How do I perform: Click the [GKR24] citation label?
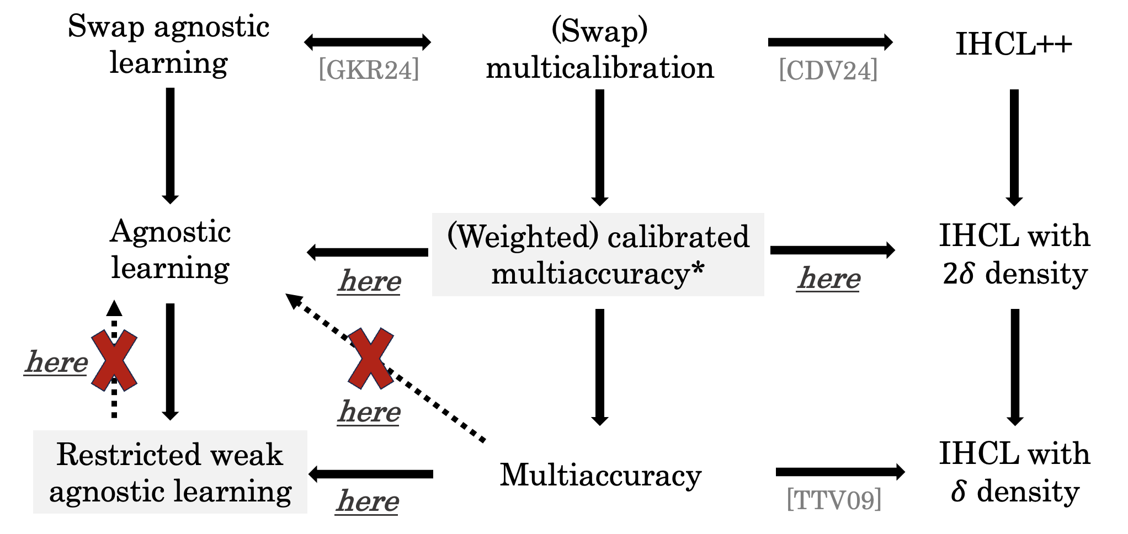(369, 70)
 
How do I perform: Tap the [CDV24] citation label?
(828, 71)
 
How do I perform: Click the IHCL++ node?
(1014, 44)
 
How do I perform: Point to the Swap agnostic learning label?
(169, 44)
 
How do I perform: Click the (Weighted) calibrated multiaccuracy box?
(598, 255)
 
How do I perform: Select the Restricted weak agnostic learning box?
(170, 472)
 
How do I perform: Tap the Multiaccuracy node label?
(600, 474)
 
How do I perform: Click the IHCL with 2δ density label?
(1014, 254)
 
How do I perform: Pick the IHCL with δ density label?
(1014, 472)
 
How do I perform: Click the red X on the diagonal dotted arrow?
(370, 359)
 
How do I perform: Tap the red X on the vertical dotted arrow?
(114, 361)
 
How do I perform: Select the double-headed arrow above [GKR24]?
(368, 42)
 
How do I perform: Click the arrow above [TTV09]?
(840, 472)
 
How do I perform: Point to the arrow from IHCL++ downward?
(1014, 147)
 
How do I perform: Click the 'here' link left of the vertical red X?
(56, 362)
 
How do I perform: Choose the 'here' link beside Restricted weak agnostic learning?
(368, 501)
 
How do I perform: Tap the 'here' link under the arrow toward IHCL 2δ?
(828, 278)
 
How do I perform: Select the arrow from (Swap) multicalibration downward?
(600, 147)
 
